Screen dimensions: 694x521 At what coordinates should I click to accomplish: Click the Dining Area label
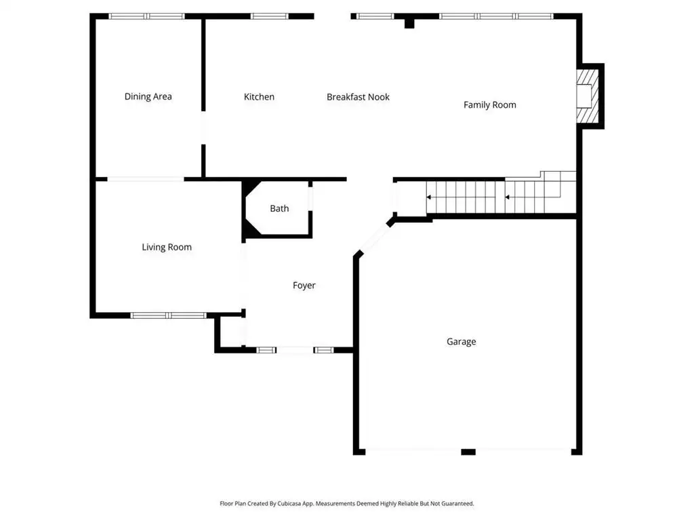(x=148, y=96)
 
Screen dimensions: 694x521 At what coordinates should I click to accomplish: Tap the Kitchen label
(x=259, y=97)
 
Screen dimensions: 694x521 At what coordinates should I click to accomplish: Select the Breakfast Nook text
(x=358, y=97)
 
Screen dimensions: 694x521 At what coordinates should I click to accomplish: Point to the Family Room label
(x=489, y=105)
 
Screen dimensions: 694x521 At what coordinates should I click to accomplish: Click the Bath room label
(x=279, y=208)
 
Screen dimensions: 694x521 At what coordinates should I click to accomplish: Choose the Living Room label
(x=167, y=247)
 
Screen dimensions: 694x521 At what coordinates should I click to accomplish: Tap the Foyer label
(x=304, y=286)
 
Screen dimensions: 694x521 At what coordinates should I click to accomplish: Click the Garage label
(x=461, y=342)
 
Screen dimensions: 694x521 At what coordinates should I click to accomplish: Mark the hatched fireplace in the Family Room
(x=588, y=96)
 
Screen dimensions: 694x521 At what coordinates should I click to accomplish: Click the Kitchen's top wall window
(x=269, y=16)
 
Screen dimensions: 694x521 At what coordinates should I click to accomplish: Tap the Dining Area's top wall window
(x=146, y=16)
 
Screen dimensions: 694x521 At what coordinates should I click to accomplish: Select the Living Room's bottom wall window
(x=168, y=315)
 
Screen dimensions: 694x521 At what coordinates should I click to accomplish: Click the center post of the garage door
(x=468, y=452)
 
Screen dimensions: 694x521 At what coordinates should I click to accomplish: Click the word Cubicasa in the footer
(x=290, y=504)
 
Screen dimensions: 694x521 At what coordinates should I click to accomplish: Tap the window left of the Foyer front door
(x=266, y=351)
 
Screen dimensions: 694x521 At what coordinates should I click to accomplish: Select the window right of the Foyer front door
(x=323, y=351)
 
